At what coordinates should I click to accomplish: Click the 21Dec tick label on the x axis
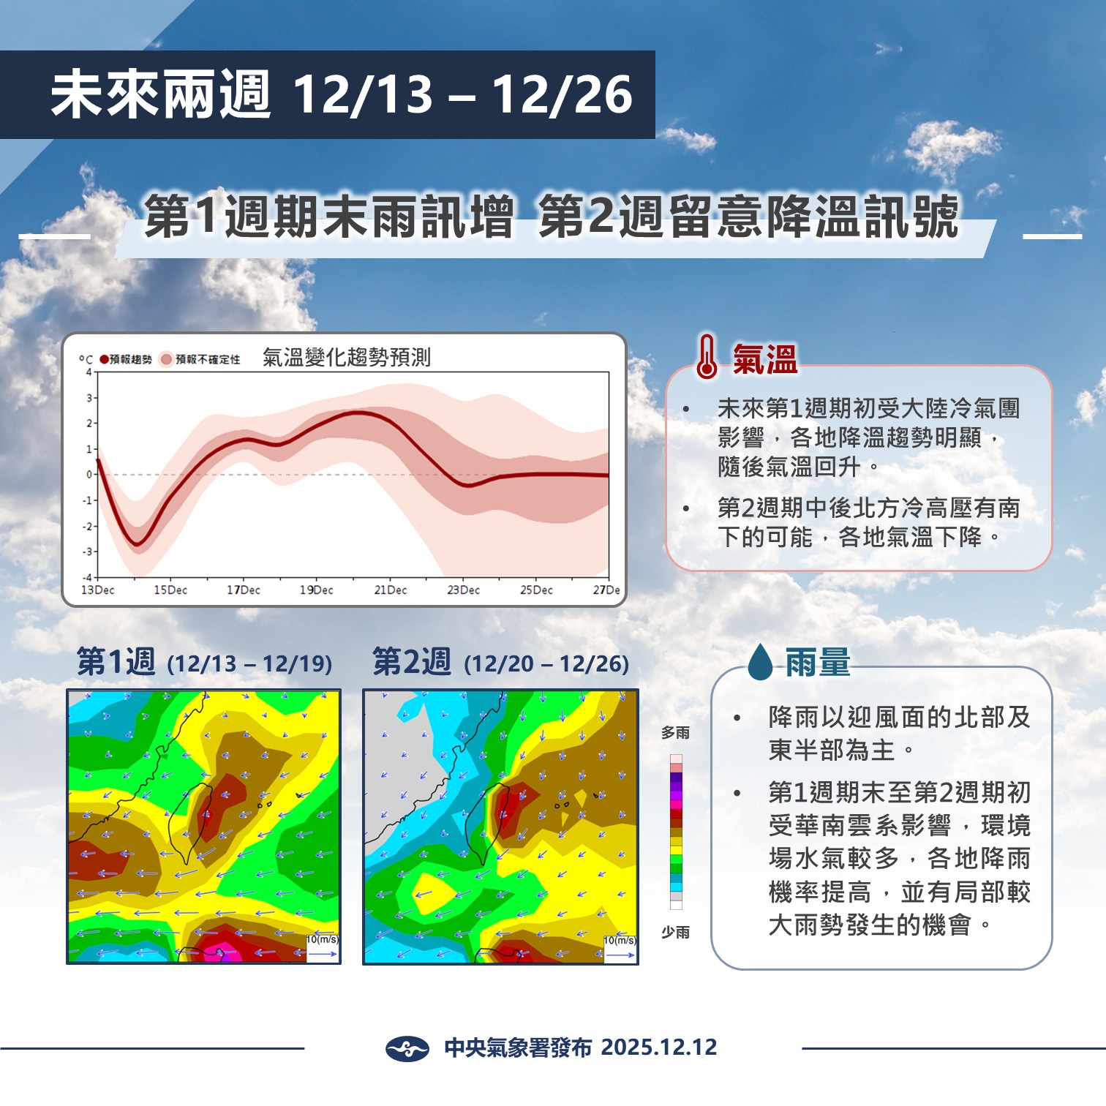(390, 590)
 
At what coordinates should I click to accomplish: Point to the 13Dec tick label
(98, 590)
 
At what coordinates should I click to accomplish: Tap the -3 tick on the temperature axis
(89, 552)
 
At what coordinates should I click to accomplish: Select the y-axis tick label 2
(89, 424)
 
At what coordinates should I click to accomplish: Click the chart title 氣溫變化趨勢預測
(347, 358)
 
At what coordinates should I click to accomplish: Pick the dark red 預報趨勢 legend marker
(105, 359)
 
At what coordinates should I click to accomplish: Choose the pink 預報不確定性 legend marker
(167, 359)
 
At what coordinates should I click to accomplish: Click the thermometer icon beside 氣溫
(707, 357)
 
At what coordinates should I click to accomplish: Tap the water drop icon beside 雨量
(760, 661)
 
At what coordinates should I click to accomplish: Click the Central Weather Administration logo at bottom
(407, 1048)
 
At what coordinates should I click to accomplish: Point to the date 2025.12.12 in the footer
(658, 1047)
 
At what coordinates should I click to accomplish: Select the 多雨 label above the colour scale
(675, 732)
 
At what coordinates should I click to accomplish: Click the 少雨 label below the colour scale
(675, 932)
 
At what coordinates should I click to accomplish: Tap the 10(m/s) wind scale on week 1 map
(322, 940)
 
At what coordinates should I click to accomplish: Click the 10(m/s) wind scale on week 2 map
(620, 941)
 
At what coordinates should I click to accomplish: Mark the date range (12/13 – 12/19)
(249, 664)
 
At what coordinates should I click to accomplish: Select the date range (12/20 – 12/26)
(546, 664)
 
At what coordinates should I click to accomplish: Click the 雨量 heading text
(818, 662)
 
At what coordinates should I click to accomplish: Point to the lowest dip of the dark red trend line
(138, 544)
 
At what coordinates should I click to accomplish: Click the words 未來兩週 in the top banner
(161, 95)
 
